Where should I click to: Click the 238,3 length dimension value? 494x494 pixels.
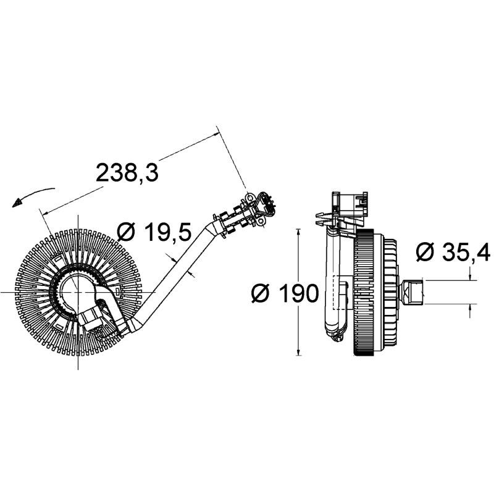pyautogui.click(x=127, y=173)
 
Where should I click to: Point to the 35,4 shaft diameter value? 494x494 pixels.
pyautogui.click(x=466, y=251)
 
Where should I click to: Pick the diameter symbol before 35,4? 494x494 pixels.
pyautogui.click(x=426, y=251)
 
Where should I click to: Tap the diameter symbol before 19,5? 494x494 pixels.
pyautogui.click(x=126, y=232)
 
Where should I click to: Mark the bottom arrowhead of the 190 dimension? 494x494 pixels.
pyautogui.click(x=298, y=351)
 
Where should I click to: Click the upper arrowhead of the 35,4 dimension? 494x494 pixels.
pyautogui.click(x=470, y=276)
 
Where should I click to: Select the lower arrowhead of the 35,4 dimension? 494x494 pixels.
pyautogui.click(x=470, y=308)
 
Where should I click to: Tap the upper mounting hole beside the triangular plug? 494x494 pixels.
pyautogui.click(x=250, y=198)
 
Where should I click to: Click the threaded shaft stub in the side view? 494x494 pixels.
pyautogui.click(x=411, y=291)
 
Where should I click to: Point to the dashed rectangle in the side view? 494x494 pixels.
pyautogui.click(x=341, y=293)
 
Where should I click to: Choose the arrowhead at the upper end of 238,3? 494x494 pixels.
pyautogui.click(x=216, y=133)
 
